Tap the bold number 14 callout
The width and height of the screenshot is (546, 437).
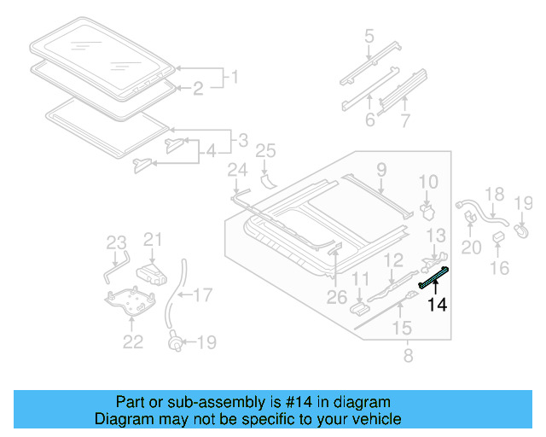coord(438,304)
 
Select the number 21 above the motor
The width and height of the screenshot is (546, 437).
coord(152,240)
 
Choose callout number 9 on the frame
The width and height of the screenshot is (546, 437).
coord(381,169)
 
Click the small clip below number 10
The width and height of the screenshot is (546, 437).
coord(427,208)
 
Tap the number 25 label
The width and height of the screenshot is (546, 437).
coord(266,152)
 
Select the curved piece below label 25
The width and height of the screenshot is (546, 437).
coord(267,180)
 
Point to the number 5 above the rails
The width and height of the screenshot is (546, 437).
coord(369,36)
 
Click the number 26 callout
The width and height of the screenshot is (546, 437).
coord(336,296)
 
